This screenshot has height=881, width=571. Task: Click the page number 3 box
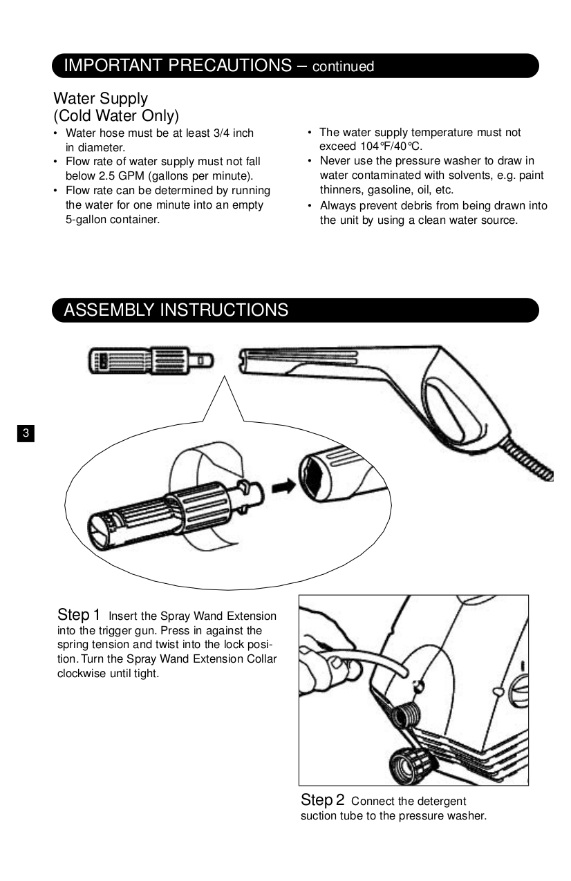(x=25, y=434)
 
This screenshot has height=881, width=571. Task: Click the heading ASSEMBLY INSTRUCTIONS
(x=176, y=310)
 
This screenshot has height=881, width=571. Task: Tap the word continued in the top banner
(x=343, y=67)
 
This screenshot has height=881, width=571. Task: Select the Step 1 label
(x=79, y=614)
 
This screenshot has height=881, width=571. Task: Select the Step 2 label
(x=322, y=800)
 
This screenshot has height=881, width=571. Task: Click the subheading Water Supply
(x=100, y=99)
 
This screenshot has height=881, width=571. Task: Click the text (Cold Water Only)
(x=115, y=115)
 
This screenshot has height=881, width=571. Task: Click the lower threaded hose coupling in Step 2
(x=404, y=765)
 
